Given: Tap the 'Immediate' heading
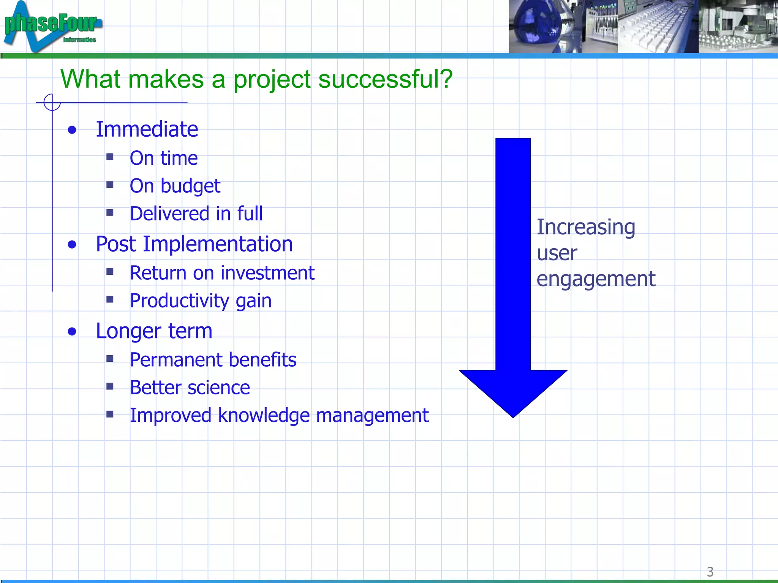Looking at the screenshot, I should pyautogui.click(x=147, y=129).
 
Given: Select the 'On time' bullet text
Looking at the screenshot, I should pyautogui.click(x=163, y=158).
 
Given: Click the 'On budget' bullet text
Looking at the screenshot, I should pyautogui.click(x=175, y=186).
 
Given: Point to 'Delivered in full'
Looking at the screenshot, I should pyautogui.click(x=196, y=214).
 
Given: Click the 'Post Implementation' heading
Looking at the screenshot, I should pyautogui.click(x=194, y=244).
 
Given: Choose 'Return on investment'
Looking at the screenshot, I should pyautogui.click(x=222, y=273).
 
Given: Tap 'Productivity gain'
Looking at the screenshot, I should pyautogui.click(x=201, y=301).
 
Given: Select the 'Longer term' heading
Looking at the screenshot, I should pyautogui.click(x=154, y=331).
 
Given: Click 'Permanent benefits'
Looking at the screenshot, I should pyautogui.click(x=213, y=360).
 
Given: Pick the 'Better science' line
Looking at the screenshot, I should pyautogui.click(x=190, y=388).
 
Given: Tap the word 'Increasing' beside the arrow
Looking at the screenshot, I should pyautogui.click(x=585, y=227).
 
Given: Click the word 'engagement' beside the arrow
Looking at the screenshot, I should pyautogui.click(x=596, y=279).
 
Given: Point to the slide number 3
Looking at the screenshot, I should pyautogui.click(x=710, y=572).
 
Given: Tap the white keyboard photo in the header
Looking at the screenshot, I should pyautogui.click(x=657, y=27).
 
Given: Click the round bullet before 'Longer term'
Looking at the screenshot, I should pyautogui.click(x=72, y=332).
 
